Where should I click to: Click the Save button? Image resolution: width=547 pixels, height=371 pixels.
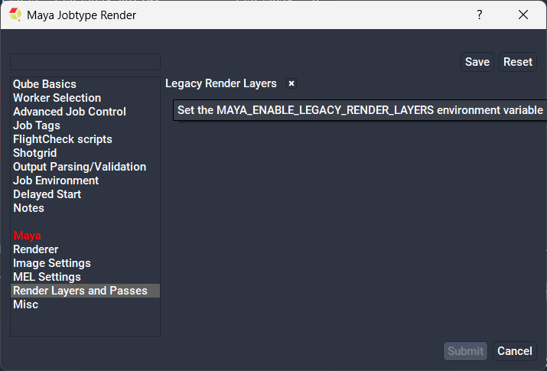(477, 62)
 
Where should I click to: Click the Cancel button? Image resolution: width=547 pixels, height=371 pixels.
(515, 351)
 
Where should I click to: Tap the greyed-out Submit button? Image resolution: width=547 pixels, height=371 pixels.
(465, 351)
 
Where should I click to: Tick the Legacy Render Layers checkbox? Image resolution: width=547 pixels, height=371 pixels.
(291, 83)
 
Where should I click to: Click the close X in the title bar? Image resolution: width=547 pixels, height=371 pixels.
(523, 15)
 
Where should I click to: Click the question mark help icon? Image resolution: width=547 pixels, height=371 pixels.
(480, 15)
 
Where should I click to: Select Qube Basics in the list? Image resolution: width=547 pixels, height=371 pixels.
(44, 84)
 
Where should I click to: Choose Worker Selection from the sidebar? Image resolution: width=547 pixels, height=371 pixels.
(57, 98)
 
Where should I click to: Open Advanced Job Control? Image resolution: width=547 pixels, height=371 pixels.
(70, 112)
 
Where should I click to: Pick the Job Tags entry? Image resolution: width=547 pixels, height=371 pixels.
(37, 125)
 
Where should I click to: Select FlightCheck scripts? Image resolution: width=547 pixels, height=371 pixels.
(63, 139)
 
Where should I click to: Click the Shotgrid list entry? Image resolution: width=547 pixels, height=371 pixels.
(35, 153)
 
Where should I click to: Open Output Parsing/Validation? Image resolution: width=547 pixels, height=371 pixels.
(80, 167)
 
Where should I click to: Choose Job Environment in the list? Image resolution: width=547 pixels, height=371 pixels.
(56, 181)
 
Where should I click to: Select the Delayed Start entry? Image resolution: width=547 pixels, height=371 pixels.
(47, 194)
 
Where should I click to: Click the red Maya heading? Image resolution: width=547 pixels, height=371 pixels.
(27, 236)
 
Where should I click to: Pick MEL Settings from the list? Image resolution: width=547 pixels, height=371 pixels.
(47, 277)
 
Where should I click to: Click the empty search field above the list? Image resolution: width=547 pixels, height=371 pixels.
(86, 62)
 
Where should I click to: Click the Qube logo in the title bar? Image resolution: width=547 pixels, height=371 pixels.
(15, 15)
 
